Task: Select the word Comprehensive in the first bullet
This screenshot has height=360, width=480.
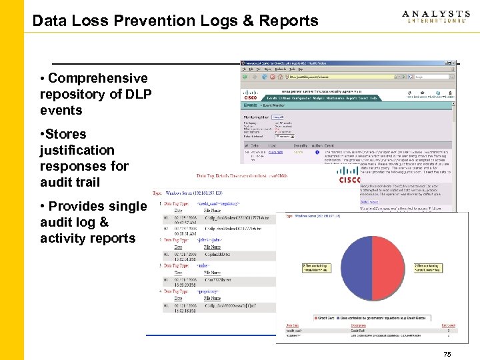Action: tap(98, 79)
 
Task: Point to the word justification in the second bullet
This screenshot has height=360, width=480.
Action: tap(77, 150)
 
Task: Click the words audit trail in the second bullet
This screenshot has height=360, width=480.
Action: tap(70, 182)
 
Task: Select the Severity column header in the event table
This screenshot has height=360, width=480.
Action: tap(301, 145)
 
